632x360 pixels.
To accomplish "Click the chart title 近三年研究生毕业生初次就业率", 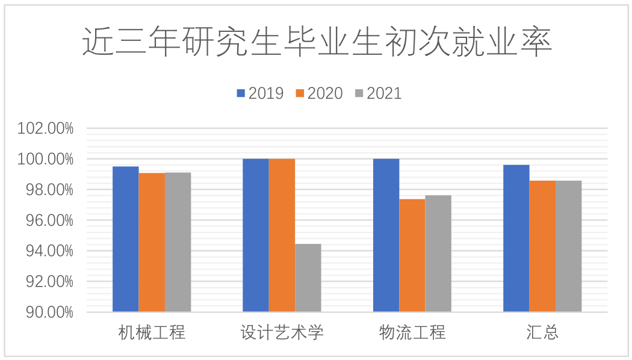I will pyautogui.click(x=317, y=42).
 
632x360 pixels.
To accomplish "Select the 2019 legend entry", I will pyautogui.click(x=259, y=93).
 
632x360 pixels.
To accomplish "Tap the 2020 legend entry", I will pyautogui.click(x=318, y=93).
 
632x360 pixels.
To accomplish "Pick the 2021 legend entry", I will pyautogui.click(x=377, y=93).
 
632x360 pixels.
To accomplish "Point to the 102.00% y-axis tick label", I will pyautogui.click(x=45, y=128).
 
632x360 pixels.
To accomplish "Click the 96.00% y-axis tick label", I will pyautogui.click(x=45, y=220).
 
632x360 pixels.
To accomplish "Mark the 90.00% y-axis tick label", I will pyautogui.click(x=45, y=312).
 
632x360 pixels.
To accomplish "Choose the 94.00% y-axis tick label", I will pyautogui.click(x=45, y=251).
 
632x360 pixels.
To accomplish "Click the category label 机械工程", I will pyautogui.click(x=152, y=332).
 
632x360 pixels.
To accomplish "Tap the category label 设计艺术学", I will pyautogui.click(x=282, y=332).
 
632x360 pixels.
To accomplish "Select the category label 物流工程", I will pyautogui.click(x=412, y=332).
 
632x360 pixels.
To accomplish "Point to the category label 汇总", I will pyautogui.click(x=542, y=332).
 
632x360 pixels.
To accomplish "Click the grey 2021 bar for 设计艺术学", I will pyautogui.click(x=308, y=278).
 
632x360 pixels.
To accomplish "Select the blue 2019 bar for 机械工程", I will pyautogui.click(x=126, y=239).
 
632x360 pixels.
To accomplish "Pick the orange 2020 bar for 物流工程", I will pyautogui.click(x=412, y=255).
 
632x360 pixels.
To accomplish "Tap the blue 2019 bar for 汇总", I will pyautogui.click(x=516, y=238).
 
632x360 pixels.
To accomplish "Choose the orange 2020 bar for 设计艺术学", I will pyautogui.click(x=282, y=235).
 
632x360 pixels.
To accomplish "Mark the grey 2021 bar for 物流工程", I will pyautogui.click(x=438, y=253).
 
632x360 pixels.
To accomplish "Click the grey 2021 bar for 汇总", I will pyautogui.click(x=569, y=246).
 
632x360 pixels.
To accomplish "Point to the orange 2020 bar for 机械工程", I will pyautogui.click(x=152, y=242).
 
